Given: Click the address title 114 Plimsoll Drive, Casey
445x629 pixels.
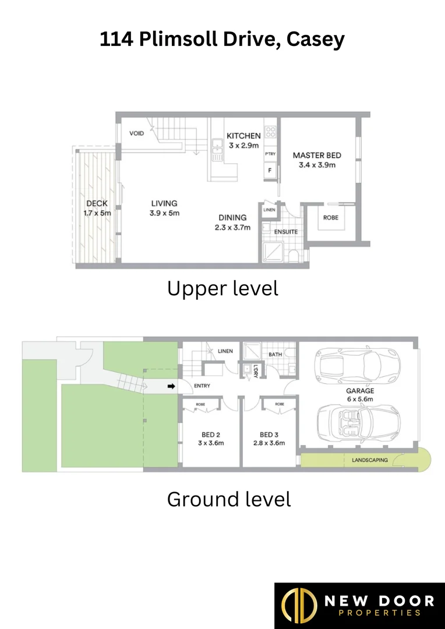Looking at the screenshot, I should (x=222, y=40).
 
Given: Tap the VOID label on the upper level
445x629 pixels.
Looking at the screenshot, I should (x=136, y=133).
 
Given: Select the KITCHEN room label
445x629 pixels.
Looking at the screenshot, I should (x=243, y=136).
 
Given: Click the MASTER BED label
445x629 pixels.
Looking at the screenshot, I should (x=317, y=156).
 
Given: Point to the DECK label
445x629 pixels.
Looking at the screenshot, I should (x=97, y=203).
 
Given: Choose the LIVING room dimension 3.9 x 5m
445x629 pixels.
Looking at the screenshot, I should (x=164, y=213).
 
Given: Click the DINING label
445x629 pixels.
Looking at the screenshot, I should (x=232, y=217).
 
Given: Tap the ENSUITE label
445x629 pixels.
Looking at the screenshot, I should (x=286, y=232).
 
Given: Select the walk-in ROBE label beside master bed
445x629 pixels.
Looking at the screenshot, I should (x=330, y=218).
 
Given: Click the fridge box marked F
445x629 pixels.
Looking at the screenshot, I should (x=270, y=171).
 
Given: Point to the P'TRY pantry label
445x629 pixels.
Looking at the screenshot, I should (x=270, y=154).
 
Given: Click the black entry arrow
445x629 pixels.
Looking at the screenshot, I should (x=171, y=386).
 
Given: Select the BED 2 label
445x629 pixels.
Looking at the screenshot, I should (x=211, y=434).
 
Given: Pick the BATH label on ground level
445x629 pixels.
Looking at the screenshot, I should (x=275, y=354).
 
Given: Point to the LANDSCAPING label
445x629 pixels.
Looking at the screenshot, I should (x=369, y=460).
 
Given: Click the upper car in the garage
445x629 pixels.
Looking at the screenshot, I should (x=356, y=365).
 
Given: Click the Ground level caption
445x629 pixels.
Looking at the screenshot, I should (x=228, y=499).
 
